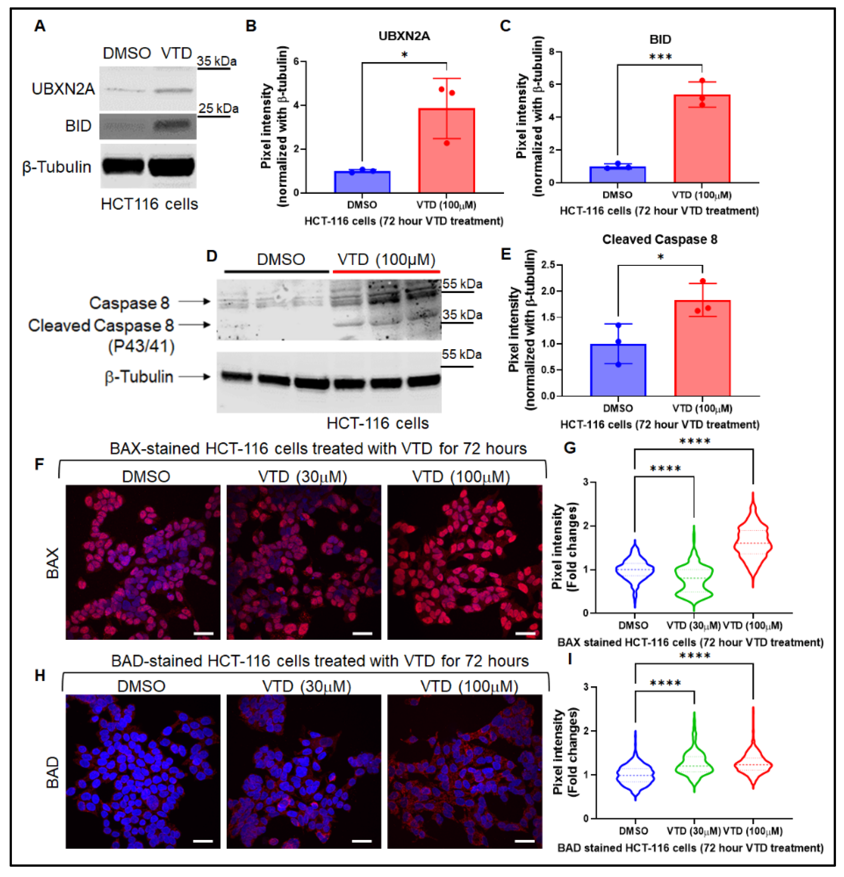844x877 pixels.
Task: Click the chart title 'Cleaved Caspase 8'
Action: [659, 240]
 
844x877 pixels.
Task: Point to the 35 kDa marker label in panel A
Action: [217, 61]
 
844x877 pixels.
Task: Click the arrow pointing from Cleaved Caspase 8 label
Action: [195, 324]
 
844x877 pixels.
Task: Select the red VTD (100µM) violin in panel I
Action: [753, 765]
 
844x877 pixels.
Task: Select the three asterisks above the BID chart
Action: [660, 57]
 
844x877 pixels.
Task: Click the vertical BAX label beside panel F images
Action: [52, 563]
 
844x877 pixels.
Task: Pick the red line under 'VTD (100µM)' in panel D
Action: [386, 272]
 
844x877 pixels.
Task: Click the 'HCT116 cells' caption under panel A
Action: [149, 204]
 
